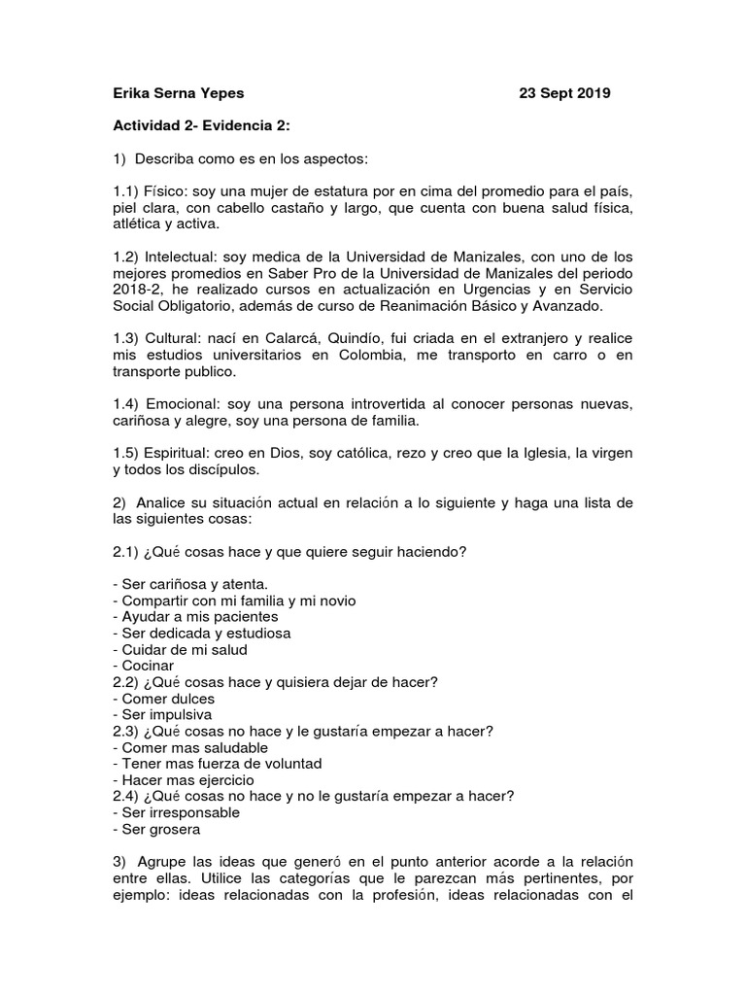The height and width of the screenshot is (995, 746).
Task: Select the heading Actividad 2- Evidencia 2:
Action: (x=201, y=125)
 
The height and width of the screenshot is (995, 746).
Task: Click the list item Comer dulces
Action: (x=164, y=699)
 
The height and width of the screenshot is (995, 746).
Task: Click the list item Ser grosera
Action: (x=157, y=830)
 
